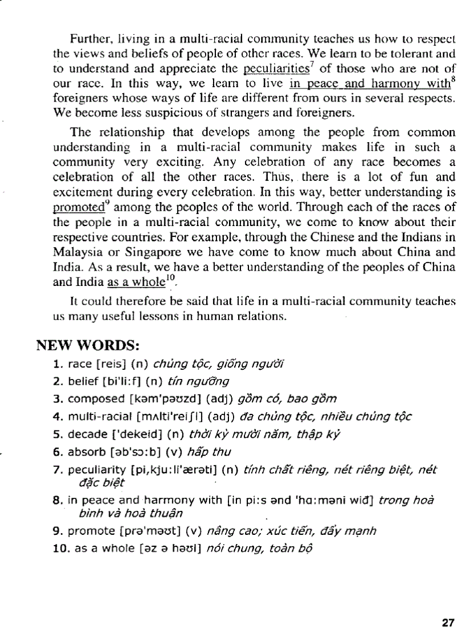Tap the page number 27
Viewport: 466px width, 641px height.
(x=448, y=622)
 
